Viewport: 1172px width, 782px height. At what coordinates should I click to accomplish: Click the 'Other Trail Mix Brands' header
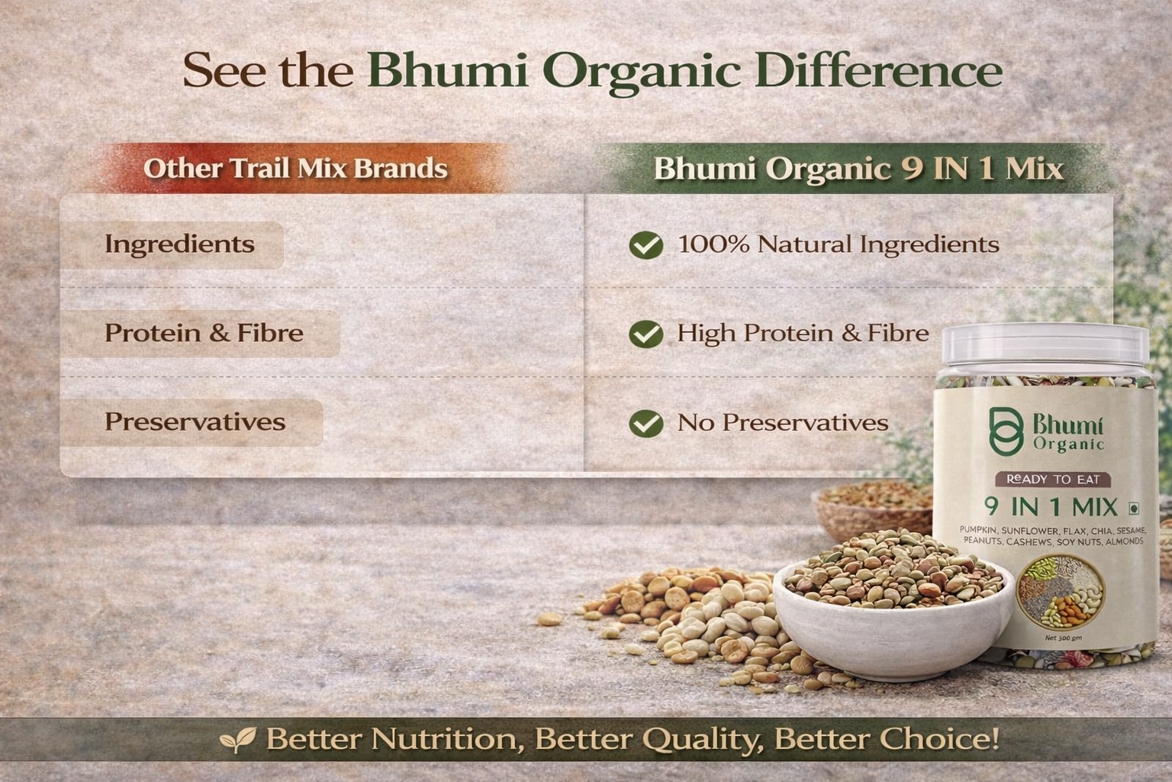point(295,169)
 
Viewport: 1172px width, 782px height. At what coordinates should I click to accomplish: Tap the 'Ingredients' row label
point(179,244)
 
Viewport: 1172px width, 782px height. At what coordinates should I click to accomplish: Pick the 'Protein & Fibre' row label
point(204,333)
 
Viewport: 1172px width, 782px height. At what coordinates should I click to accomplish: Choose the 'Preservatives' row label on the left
point(195,422)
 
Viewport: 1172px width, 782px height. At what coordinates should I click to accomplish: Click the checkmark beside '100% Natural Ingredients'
point(646,245)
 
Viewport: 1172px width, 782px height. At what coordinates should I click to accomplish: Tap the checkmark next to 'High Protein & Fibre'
point(646,334)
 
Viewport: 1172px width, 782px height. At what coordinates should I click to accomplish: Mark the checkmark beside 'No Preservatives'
point(646,423)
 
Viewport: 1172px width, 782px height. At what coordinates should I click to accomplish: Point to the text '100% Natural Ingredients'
point(839,244)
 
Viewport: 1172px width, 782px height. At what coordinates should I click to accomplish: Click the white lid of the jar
point(1045,344)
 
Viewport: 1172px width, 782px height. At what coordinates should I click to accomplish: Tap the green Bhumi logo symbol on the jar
point(1006,431)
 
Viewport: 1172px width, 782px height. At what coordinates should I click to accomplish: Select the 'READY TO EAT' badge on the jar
point(1053,480)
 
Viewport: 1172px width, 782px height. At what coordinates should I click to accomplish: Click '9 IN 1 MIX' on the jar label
point(1051,507)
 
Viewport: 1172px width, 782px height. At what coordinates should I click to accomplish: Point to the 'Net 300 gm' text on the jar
point(1063,638)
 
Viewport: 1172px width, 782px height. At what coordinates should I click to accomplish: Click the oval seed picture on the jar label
point(1061,592)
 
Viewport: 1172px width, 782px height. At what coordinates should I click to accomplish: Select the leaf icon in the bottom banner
point(238,739)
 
